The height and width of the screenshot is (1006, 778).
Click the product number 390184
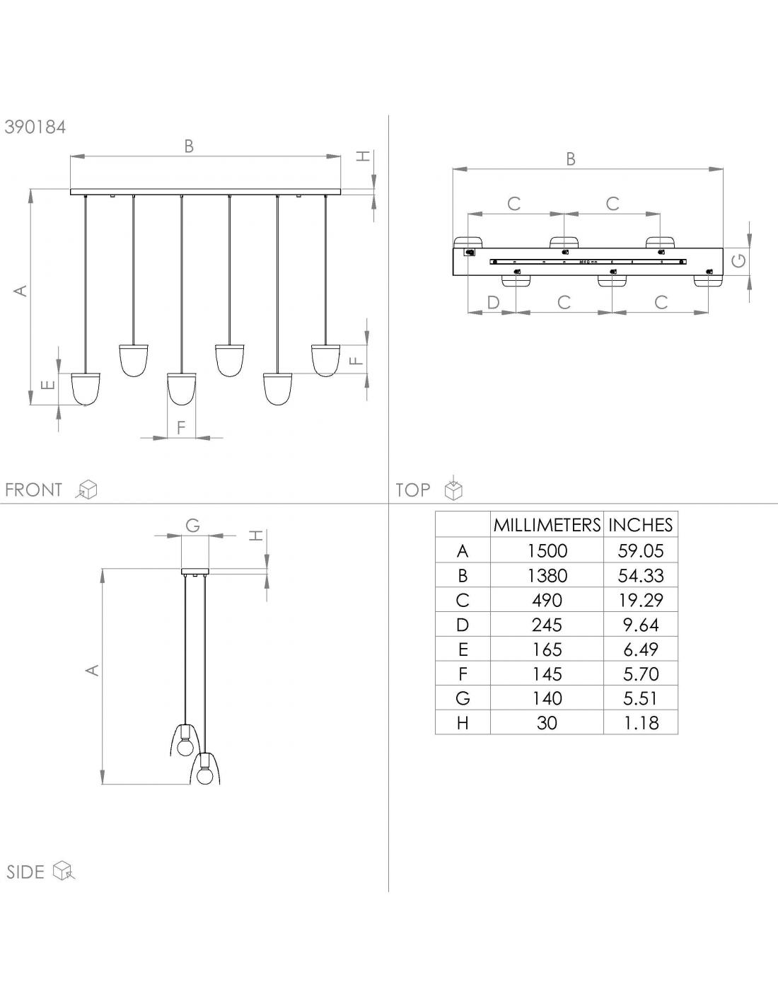click(35, 127)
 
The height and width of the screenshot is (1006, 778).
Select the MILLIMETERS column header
click(547, 525)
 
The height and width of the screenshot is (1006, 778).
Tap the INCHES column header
click(640, 525)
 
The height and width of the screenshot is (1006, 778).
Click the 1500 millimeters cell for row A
click(547, 550)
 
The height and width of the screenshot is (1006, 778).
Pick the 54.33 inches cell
click(641, 575)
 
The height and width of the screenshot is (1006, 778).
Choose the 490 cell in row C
click(547, 600)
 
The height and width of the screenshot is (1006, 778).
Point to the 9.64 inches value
click(641, 625)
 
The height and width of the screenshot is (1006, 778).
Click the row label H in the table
click(463, 723)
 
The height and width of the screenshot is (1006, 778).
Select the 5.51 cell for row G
click(641, 698)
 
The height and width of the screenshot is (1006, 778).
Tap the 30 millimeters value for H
click(547, 723)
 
